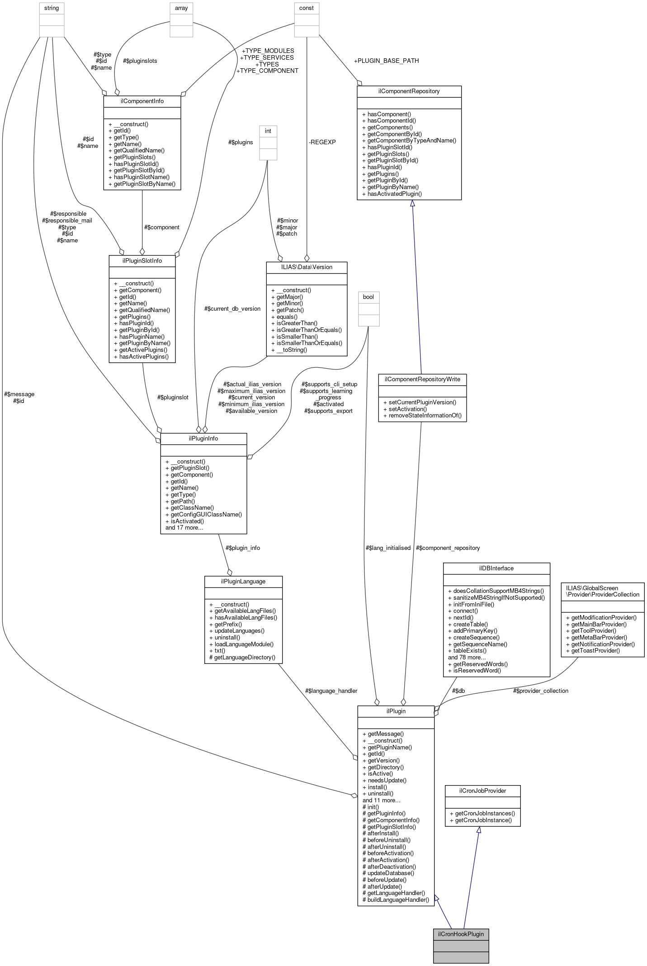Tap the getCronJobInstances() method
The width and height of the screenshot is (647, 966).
pos(485,813)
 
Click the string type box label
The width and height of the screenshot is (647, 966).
pos(52,8)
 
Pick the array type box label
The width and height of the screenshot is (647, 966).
pos(181,8)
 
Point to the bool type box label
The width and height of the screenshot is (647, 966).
pos(368,297)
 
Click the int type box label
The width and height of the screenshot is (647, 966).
pos(268,131)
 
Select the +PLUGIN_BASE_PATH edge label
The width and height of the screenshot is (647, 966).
pos(386,61)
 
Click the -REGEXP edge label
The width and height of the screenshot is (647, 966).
pos(322,142)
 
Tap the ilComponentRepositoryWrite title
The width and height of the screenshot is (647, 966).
pos(422,379)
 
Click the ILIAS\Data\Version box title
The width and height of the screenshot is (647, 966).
pos(307,267)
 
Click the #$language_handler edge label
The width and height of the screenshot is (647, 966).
pos(331,691)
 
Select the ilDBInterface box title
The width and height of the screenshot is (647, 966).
pos(496,568)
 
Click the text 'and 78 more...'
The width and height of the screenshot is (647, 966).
pos(467,657)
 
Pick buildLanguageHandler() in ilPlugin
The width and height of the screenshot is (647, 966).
pos(396,900)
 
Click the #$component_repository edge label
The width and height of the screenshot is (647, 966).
pos(448,548)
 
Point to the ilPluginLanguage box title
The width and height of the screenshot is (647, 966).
pos(243,581)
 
